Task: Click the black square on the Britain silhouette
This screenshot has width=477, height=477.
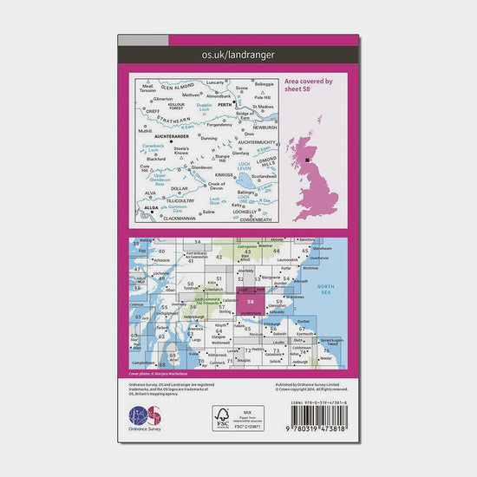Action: (x=306, y=159)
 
